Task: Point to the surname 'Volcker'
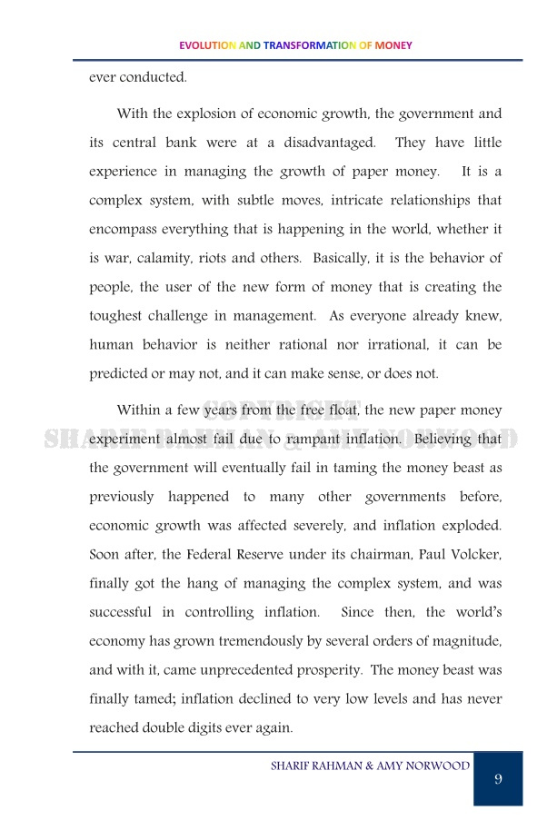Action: click(x=472, y=554)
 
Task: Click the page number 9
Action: click(x=498, y=779)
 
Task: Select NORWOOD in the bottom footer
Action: click(x=440, y=766)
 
